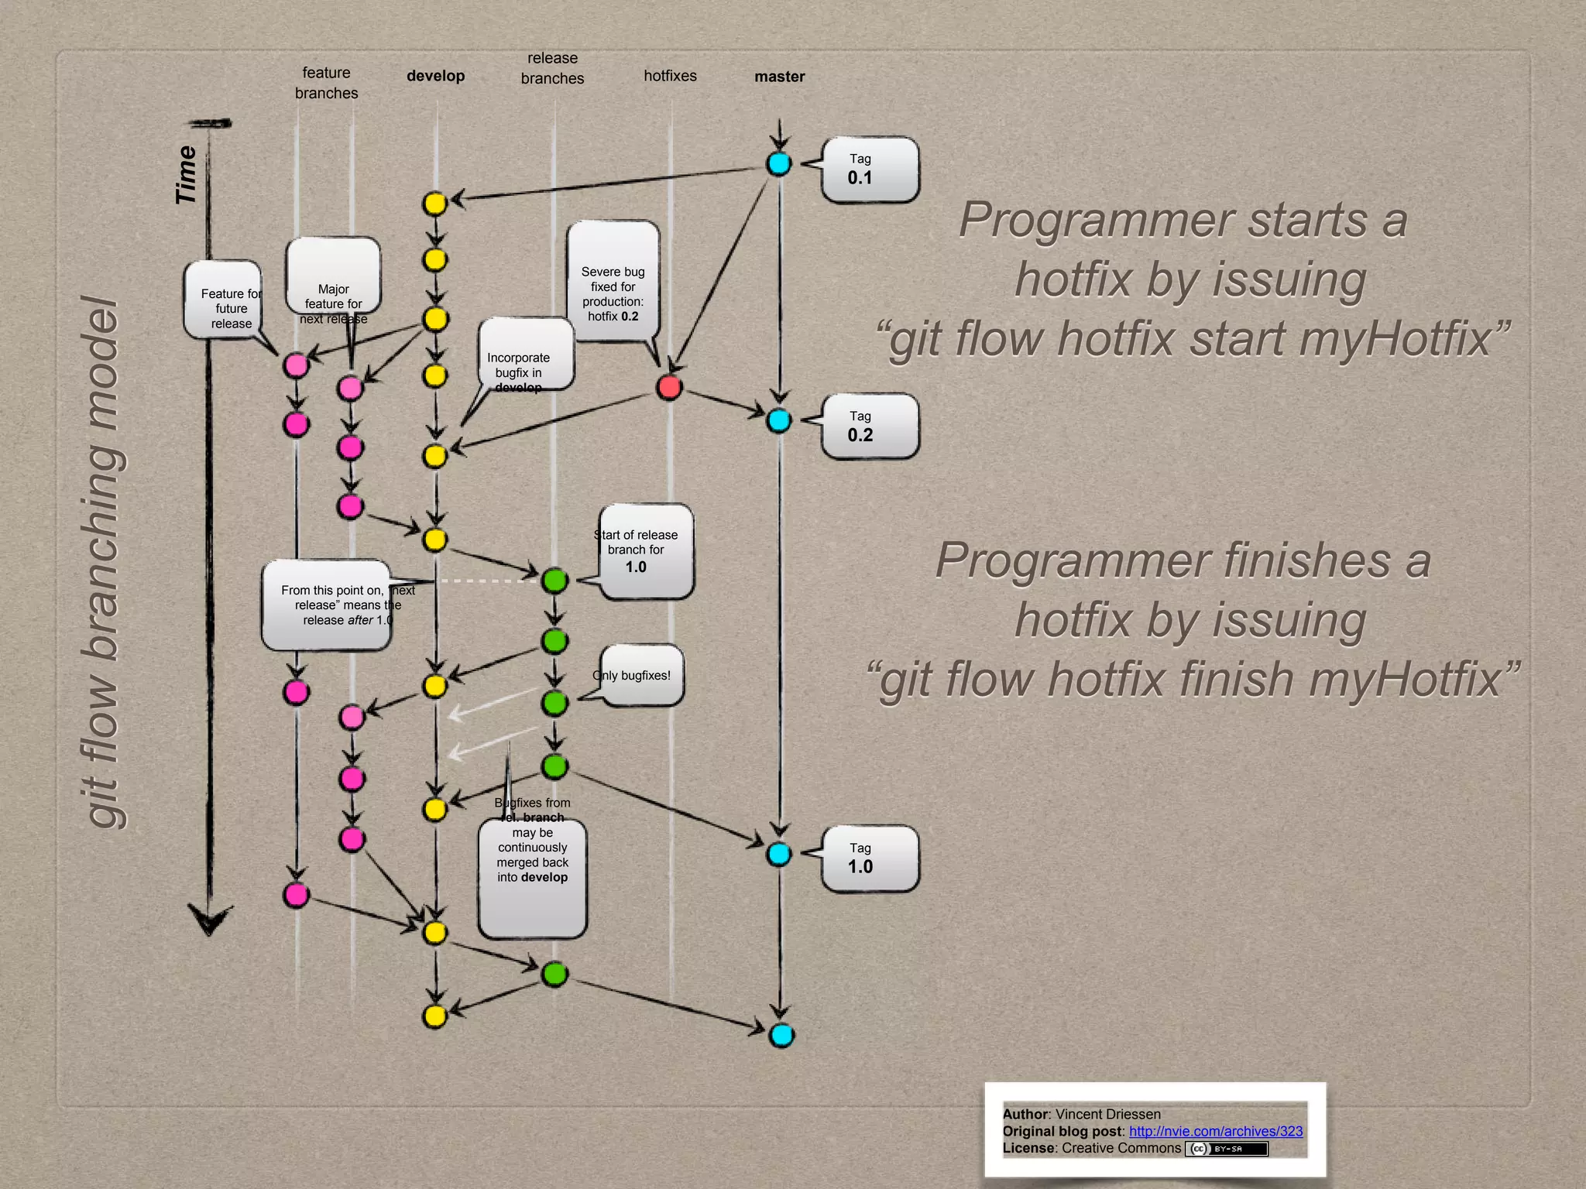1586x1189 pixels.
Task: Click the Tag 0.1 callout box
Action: coord(869,170)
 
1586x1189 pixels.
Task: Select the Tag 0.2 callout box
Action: coord(869,427)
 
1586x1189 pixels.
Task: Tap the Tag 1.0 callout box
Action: coord(869,858)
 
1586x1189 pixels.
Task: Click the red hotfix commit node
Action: coord(669,387)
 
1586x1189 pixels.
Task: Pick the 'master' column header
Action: coord(779,77)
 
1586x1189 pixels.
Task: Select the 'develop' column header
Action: coord(435,76)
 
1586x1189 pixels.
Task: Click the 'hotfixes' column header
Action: coord(670,76)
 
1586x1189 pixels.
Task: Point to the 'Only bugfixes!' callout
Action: coord(641,675)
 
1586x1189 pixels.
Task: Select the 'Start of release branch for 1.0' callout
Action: coord(645,550)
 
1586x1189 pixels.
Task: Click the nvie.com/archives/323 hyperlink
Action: coord(1215,1131)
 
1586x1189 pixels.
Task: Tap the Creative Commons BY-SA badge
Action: coord(1227,1149)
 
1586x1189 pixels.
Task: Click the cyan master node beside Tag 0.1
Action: coord(779,163)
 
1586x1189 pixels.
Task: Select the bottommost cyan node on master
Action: coord(781,1035)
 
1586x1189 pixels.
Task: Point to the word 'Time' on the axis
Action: coord(186,175)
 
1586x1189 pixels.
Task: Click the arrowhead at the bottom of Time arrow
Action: coord(210,921)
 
